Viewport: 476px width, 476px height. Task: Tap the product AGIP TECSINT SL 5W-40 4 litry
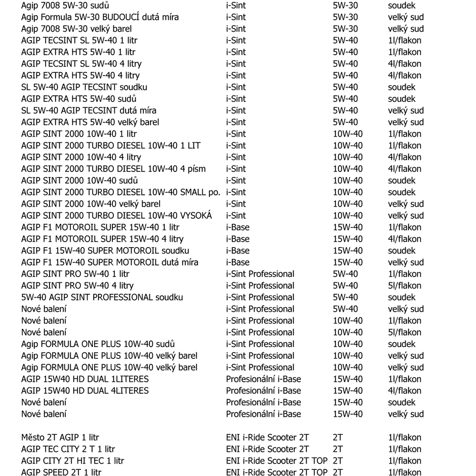click(x=81, y=64)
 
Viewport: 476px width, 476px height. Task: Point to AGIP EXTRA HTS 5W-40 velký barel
click(x=90, y=122)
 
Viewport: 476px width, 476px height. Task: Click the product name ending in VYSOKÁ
click(x=116, y=216)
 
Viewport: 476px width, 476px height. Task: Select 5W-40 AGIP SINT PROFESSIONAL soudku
click(x=102, y=297)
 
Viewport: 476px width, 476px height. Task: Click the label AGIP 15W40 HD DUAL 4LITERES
click(x=85, y=391)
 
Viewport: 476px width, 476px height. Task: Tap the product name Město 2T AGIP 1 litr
click(x=60, y=437)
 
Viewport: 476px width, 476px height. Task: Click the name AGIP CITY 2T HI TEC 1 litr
click(x=72, y=461)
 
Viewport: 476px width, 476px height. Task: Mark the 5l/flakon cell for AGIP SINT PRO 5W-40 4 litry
click(x=405, y=286)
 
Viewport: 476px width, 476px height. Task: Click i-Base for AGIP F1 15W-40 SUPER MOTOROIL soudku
click(x=238, y=251)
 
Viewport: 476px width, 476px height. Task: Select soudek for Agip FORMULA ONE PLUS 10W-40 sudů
click(x=402, y=344)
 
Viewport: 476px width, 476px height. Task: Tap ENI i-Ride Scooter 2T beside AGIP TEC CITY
click(x=267, y=449)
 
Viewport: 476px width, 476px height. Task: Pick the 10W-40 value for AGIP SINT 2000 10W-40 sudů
click(x=347, y=181)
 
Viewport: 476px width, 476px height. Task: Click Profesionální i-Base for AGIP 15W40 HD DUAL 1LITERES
click(x=263, y=379)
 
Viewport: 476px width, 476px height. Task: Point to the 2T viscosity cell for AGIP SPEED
click(x=338, y=473)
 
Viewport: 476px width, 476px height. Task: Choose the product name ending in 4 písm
click(x=113, y=169)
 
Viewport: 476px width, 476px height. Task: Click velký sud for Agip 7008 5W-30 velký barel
click(x=406, y=29)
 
